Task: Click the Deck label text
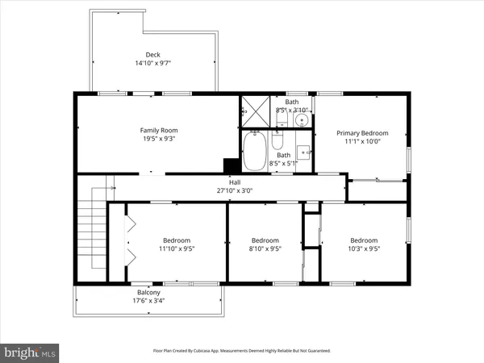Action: pos(153,55)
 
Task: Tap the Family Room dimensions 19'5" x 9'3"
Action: pos(158,139)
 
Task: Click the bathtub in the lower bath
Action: pos(255,152)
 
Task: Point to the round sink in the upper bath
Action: pos(300,120)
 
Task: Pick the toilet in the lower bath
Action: pos(276,144)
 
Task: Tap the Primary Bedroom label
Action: pos(362,133)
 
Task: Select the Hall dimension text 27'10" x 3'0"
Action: pos(235,191)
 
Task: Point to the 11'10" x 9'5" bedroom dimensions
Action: pos(177,248)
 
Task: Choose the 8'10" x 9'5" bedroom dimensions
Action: pos(265,248)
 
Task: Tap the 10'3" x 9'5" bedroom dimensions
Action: pos(364,248)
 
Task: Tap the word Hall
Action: pos(235,182)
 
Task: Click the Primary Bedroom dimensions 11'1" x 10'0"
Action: pos(362,142)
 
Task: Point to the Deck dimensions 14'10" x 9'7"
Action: pos(153,63)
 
